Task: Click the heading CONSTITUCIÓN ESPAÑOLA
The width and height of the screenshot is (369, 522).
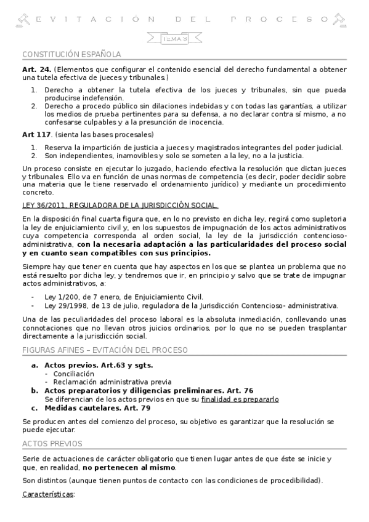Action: [x=71, y=54]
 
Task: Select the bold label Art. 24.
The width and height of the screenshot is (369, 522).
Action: [x=36, y=70]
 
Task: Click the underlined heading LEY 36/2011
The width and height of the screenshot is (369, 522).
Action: [x=120, y=205]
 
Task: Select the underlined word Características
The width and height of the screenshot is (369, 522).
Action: [x=47, y=494]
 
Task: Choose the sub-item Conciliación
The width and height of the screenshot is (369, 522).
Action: [x=73, y=374]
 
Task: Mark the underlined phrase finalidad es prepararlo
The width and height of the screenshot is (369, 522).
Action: [x=240, y=399]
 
